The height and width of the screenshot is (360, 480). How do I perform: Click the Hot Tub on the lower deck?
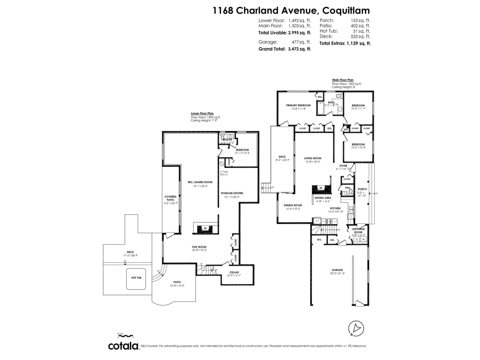coord(137,277)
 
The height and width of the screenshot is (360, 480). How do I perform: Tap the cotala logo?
coord(123,346)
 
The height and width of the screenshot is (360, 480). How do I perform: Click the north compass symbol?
coord(355,328)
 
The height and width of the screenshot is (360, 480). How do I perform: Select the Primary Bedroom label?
coord(298,106)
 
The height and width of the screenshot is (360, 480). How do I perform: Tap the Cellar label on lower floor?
coord(234,272)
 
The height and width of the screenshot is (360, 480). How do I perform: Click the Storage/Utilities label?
coord(232,193)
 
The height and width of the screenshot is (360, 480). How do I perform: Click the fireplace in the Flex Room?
coord(205,228)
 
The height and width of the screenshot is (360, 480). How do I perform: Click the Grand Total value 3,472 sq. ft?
coord(297,49)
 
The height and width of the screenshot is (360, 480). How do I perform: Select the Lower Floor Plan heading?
coord(202,114)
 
